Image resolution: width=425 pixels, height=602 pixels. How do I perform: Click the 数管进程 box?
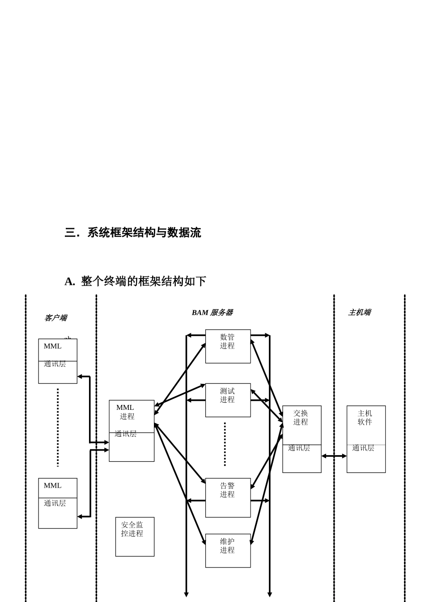point(228,346)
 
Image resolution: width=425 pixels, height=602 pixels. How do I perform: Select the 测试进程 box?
point(228,400)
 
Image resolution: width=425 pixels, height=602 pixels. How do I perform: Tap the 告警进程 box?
point(228,497)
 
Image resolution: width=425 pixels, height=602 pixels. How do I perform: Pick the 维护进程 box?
point(228,550)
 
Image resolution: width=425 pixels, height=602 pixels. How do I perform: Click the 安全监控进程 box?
point(135,537)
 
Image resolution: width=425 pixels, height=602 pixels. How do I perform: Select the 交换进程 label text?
point(301,417)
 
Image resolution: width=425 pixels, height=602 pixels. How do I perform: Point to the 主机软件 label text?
point(365,417)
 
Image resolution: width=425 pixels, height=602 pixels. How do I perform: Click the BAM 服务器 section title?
point(212,313)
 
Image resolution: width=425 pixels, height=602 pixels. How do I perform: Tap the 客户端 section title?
point(55,318)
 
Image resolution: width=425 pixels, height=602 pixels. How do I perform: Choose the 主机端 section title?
point(359,313)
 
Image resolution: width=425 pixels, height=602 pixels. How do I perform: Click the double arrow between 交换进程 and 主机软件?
point(334,456)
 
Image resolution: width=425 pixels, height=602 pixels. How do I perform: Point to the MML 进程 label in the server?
point(126,412)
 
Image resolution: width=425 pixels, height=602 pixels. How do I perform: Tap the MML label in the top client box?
point(52,346)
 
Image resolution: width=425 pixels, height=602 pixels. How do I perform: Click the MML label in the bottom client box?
point(52,486)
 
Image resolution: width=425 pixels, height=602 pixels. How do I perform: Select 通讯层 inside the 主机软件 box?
point(363,448)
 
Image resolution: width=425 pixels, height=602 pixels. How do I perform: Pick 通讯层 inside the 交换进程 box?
point(299,448)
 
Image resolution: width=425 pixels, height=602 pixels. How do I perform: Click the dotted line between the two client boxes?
point(58,427)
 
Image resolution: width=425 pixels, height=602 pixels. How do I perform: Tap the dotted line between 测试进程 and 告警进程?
point(225,444)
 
